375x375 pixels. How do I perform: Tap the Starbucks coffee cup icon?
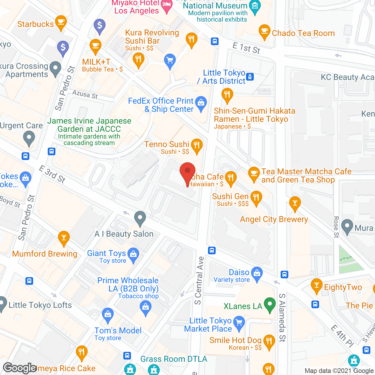click(61, 23)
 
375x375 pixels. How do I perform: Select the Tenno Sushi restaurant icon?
click(197, 146)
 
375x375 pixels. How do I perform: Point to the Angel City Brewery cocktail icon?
click(295, 203)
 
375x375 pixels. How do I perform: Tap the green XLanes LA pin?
click(270, 304)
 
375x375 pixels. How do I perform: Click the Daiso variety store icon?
click(257, 274)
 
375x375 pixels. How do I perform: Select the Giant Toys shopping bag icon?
click(134, 255)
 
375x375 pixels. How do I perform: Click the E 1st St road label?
click(246, 48)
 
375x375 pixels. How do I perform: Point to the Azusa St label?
click(85, 94)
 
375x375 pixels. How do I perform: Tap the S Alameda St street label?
click(282, 318)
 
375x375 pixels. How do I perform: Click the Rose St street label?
click(336, 227)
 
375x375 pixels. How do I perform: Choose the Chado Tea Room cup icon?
click(265, 31)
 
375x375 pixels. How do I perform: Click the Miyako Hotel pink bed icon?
click(167, 6)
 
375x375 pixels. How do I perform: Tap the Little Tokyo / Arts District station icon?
click(250, 77)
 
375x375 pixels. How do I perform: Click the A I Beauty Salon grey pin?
click(140, 218)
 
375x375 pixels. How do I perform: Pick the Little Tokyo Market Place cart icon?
click(239, 323)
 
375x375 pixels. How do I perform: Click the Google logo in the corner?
click(20, 368)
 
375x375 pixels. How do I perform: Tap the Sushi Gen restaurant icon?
click(256, 197)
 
